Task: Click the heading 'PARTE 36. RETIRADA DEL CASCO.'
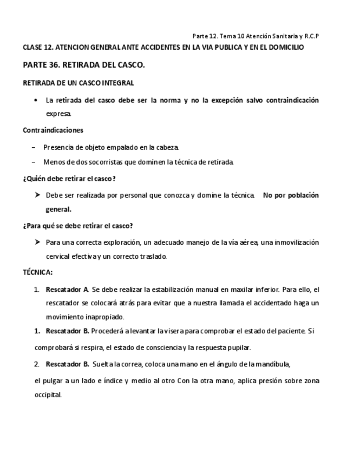[x=84, y=65]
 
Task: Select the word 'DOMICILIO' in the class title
[x=286, y=48]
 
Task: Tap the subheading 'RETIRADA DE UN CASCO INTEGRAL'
[x=78, y=83]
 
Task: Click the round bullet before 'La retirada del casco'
[x=35, y=101]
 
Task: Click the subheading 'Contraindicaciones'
[x=53, y=130]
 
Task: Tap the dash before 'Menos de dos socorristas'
[x=34, y=161]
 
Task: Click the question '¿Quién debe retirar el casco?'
[x=69, y=178]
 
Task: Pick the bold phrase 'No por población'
[x=291, y=195]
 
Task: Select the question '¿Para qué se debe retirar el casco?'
[x=78, y=225]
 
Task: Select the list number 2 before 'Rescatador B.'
[x=37, y=364]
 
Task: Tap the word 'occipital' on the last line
[x=48, y=395]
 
